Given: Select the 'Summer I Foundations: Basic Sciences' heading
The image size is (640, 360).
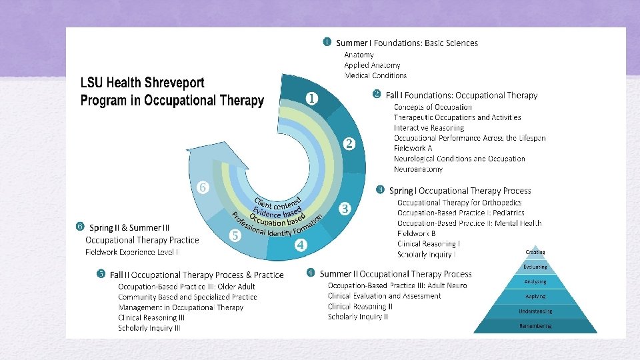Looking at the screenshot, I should pos(407,43).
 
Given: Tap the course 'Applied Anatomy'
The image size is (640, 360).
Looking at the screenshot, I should pos(372,65).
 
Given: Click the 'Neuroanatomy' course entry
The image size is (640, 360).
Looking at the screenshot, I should pos(418,169).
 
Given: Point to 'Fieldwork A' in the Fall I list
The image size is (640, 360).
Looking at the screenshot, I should pos(413,148).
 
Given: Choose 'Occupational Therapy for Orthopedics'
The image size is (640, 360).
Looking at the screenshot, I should pos(459,202).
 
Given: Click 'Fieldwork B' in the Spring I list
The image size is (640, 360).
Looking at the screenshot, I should pos(416,233).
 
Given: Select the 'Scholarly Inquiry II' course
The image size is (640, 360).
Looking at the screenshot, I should pos(357,317).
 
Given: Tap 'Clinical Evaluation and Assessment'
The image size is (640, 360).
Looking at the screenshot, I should pos(384,296).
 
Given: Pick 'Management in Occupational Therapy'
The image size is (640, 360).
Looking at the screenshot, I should pos(181,307).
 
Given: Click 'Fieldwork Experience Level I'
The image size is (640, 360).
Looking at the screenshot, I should pos(131,252).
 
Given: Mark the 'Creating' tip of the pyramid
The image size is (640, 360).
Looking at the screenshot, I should pos(535,252).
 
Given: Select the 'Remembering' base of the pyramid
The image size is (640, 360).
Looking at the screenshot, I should pos(535,326).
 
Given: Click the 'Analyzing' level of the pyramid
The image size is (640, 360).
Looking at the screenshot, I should pos(535,281).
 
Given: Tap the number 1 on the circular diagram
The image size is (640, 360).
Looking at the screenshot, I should pos(311,98).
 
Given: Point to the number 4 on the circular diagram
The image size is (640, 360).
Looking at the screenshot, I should pos(301,245).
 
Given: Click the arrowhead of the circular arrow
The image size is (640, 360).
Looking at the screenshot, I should pos(200,157).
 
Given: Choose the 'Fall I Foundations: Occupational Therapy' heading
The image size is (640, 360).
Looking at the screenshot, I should pos(461,95).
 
